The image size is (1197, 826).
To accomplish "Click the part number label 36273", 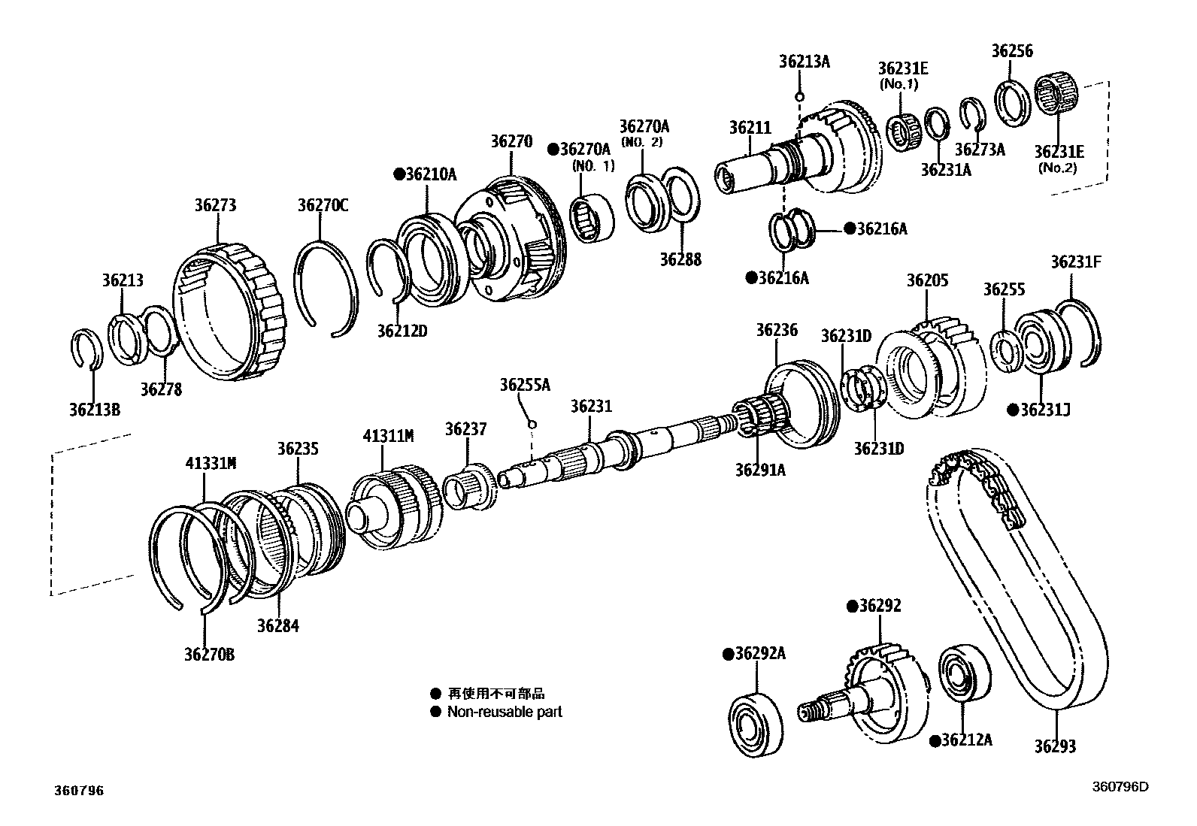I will pyautogui.click(x=215, y=205).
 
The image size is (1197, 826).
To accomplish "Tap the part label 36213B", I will pyautogui.click(x=94, y=410).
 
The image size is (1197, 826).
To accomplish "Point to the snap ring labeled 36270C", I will pyautogui.click(x=323, y=286).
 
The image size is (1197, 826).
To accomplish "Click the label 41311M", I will pyautogui.click(x=388, y=436).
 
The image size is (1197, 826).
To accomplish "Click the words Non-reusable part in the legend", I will pyautogui.click(x=505, y=712).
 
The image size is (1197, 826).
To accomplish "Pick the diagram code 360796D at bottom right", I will pyautogui.click(x=1120, y=787).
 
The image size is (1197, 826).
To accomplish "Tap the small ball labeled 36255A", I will pyautogui.click(x=532, y=425).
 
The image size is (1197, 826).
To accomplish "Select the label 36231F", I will pyautogui.click(x=1076, y=262).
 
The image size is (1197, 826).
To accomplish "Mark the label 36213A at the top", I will pyautogui.click(x=804, y=62).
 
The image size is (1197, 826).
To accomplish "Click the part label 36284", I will pyautogui.click(x=277, y=625).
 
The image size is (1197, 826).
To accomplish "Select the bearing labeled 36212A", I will pyautogui.click(x=964, y=671).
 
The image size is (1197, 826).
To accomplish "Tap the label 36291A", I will pyautogui.click(x=760, y=470).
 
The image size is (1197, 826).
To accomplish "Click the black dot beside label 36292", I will pyautogui.click(x=853, y=607).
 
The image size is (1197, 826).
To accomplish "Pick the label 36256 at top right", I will pyautogui.click(x=1011, y=51).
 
